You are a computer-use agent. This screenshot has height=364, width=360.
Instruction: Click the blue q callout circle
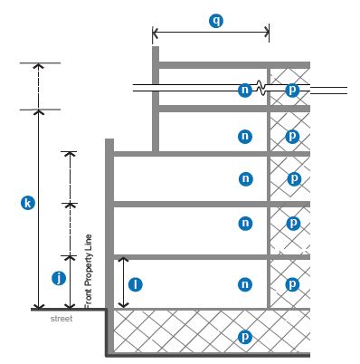pos(216,21)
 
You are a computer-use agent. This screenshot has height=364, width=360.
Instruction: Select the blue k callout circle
pos(28,203)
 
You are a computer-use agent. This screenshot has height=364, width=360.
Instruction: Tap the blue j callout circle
pos(59,278)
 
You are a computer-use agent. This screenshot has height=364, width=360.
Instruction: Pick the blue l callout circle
pos(136,284)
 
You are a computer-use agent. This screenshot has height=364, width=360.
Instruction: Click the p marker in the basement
pos(245,337)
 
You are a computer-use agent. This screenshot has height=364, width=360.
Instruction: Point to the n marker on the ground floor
pos(245,284)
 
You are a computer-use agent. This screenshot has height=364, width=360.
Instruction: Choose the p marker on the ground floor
pos(292,284)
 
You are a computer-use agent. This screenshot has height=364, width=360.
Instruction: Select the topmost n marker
pos(245,90)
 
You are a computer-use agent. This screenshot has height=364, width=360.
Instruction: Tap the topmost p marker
pos(292,90)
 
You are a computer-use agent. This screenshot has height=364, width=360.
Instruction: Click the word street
pos(62,319)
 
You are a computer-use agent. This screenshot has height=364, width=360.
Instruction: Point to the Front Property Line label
pos(89,272)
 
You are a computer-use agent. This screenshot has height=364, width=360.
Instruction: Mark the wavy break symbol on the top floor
pos(261,88)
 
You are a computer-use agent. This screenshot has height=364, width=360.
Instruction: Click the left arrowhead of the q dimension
pos(155,32)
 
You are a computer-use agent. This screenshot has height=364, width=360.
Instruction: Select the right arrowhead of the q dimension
pos(267,32)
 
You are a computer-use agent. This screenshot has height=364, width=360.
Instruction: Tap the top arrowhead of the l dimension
pos(123,259)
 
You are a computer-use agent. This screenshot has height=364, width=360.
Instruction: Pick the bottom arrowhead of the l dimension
pos(123,305)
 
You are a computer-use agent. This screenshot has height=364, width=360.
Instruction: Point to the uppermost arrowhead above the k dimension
pos(38,65)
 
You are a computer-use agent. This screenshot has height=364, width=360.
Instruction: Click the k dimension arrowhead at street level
pos(38,306)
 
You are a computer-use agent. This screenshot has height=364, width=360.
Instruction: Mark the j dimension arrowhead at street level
pos(70,306)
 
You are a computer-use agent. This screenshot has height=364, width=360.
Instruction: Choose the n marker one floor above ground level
pos(245,224)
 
